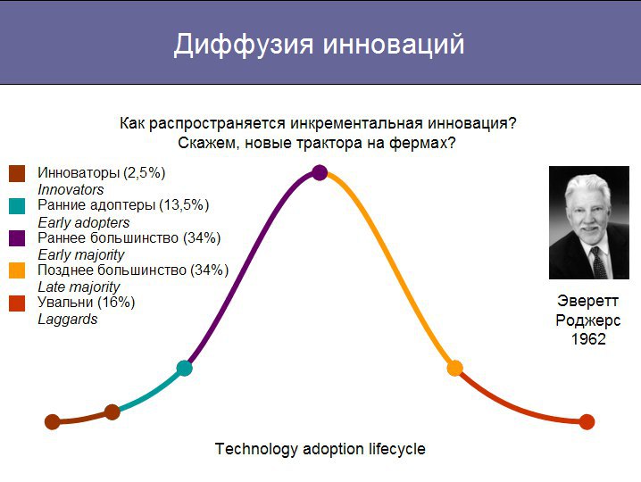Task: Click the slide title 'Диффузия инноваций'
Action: [320, 44]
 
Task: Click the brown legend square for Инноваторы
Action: [17, 173]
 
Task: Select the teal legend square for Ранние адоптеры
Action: [17, 205]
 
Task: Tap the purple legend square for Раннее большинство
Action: [17, 238]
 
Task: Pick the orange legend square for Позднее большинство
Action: [17, 270]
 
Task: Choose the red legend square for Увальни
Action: [17, 303]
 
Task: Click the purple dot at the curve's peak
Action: [320, 172]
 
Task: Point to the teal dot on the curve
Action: [185, 368]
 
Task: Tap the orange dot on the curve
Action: [454, 368]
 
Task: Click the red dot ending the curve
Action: [587, 421]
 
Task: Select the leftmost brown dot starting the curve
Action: [53, 421]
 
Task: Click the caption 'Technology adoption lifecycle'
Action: [320, 449]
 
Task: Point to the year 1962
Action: [588, 339]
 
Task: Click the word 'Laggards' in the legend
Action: [68, 320]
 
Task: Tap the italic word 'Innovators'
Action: [71, 190]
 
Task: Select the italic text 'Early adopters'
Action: [84, 223]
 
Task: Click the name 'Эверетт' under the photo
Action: [587, 301]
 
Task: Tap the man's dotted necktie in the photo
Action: [598, 262]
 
